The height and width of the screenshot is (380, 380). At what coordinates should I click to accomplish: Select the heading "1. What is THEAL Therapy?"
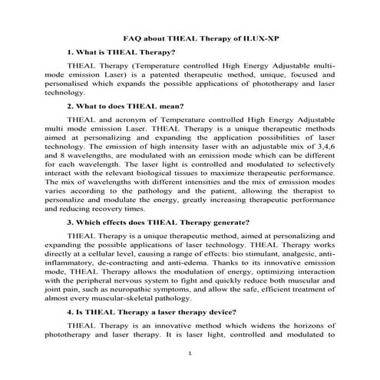tap(121, 53)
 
